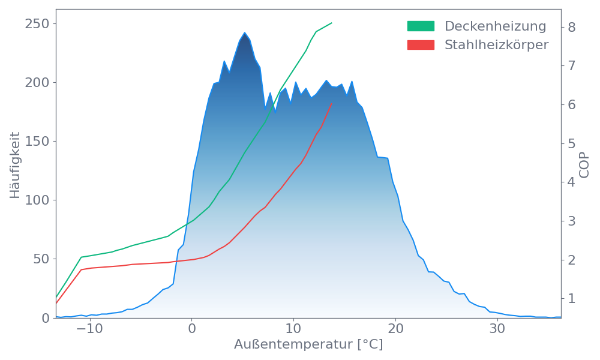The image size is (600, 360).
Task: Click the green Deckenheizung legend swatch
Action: (x=421, y=26)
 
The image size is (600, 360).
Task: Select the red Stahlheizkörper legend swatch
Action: (x=421, y=45)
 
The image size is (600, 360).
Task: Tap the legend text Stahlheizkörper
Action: (x=496, y=45)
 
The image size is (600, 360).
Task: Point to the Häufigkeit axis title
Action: (x=15, y=165)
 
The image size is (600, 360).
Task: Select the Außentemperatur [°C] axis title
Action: (x=308, y=345)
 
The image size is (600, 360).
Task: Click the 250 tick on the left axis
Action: (x=37, y=24)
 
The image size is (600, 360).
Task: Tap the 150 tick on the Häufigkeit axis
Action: (x=37, y=142)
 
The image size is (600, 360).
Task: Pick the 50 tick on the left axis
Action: (x=41, y=259)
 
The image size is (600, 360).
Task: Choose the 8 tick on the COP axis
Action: (x=572, y=27)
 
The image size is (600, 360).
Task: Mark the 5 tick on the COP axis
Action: (x=572, y=143)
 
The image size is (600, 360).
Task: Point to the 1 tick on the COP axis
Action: (x=572, y=298)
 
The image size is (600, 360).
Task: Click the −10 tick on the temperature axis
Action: (x=89, y=329)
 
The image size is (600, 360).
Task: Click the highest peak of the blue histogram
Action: (x=244, y=33)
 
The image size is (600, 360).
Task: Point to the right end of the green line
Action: (x=332, y=23)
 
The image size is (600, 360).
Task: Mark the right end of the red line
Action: (x=332, y=103)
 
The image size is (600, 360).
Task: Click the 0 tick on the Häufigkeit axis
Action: (x=45, y=318)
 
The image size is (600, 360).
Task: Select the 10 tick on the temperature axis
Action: (x=293, y=329)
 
